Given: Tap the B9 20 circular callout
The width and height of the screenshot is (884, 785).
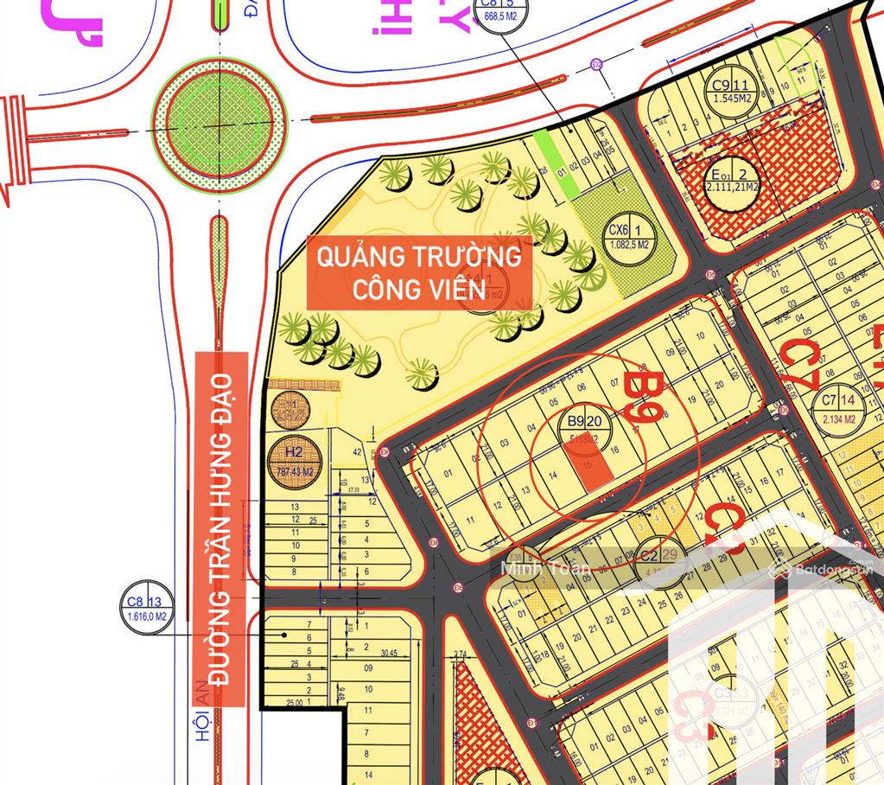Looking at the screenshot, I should point(584,427).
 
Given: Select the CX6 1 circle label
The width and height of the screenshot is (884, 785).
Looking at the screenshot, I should point(630,237).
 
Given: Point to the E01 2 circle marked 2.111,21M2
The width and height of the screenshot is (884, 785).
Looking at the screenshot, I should point(731,180).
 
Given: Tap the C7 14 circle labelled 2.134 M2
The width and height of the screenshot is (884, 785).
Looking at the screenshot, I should point(838,406).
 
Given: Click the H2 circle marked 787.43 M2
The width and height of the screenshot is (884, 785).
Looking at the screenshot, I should point(295,461).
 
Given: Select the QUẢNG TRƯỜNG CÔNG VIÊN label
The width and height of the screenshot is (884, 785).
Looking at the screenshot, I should point(418,272).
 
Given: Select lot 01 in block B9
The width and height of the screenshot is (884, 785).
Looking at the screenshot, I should point(448,474).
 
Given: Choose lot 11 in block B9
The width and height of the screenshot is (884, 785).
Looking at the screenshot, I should point(469,520).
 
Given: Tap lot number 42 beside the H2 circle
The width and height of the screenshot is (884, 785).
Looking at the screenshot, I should point(356,451).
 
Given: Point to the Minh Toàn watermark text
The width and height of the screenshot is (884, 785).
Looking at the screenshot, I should point(544,569).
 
